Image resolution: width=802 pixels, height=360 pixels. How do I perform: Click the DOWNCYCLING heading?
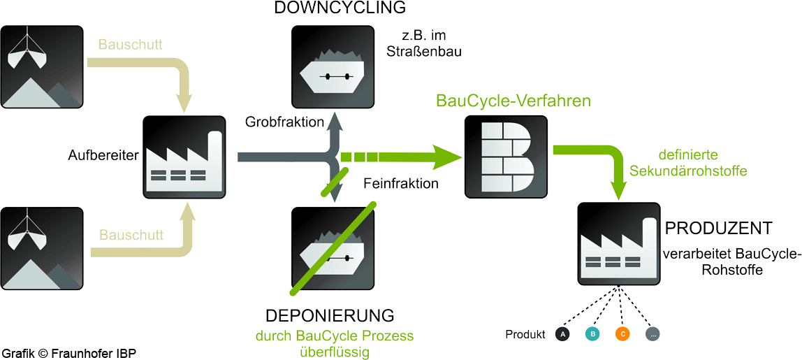[x=340, y=8]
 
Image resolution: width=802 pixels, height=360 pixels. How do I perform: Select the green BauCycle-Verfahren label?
[x=513, y=101]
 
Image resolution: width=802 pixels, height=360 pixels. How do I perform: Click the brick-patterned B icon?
[x=506, y=157]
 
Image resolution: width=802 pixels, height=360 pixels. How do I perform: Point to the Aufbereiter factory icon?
[x=184, y=157]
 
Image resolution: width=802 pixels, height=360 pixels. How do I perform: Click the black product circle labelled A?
[x=562, y=334]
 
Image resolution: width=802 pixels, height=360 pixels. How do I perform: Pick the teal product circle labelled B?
[x=592, y=334]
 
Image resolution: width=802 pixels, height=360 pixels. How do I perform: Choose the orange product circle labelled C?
[x=622, y=334]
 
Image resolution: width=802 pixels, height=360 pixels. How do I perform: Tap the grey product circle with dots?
[x=652, y=334]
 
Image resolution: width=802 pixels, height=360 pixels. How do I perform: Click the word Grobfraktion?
[x=284, y=122]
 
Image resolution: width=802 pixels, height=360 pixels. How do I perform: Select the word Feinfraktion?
[x=401, y=183]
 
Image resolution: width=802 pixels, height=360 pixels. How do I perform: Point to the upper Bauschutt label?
[x=131, y=45]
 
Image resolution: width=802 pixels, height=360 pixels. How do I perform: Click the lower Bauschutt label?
[x=131, y=235]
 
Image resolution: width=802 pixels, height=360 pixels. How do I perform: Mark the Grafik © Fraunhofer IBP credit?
[x=70, y=353]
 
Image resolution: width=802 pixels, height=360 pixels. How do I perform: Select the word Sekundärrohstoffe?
[x=688, y=171]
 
